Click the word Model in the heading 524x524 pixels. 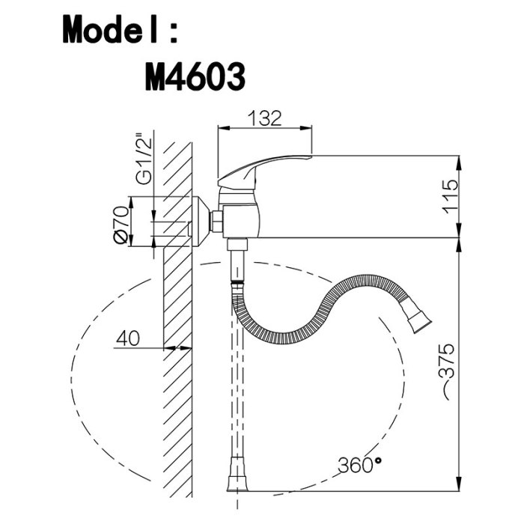110,28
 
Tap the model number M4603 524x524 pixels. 195,77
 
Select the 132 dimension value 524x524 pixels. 265,118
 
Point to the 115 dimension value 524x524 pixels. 449,196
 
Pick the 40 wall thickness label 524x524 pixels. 128,338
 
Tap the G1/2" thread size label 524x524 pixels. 144,159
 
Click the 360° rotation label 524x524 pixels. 359,464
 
